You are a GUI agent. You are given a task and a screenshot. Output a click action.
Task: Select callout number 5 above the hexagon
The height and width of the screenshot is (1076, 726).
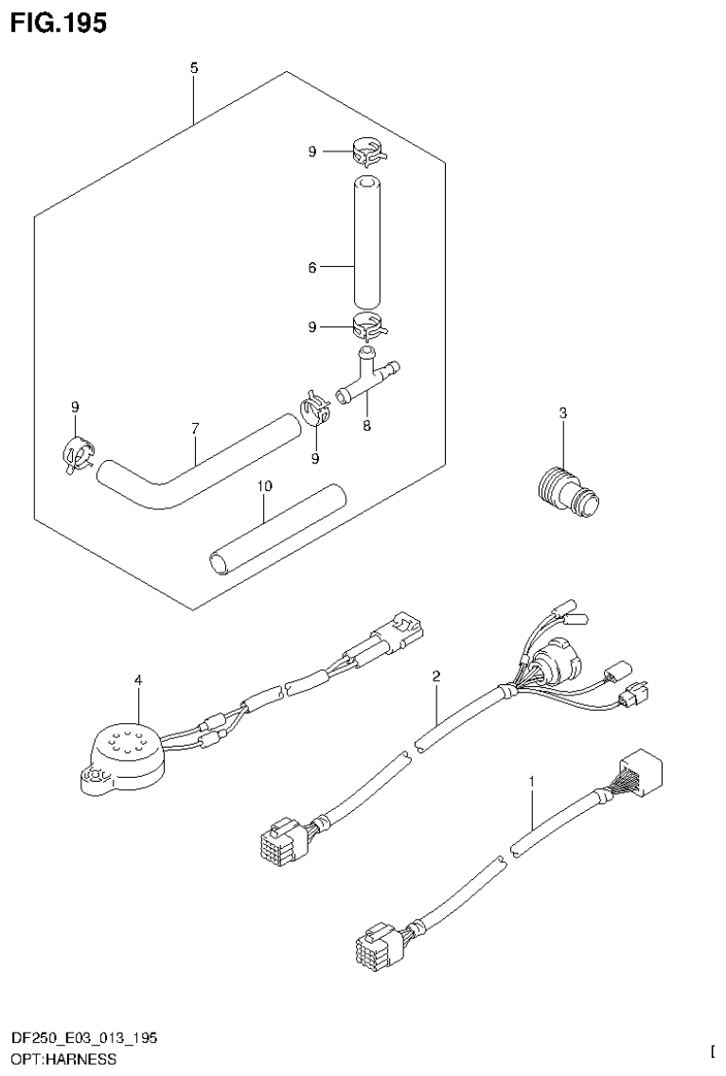point(194,68)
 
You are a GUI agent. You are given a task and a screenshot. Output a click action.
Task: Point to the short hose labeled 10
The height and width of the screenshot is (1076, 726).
point(274,530)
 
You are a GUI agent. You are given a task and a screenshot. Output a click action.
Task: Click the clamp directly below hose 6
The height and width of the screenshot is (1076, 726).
point(369,327)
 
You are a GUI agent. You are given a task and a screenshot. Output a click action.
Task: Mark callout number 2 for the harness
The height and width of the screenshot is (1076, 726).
point(436,676)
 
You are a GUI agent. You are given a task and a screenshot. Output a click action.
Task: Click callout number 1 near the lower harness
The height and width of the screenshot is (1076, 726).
point(532,782)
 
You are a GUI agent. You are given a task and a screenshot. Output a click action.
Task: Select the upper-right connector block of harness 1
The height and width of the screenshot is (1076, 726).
point(641,766)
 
